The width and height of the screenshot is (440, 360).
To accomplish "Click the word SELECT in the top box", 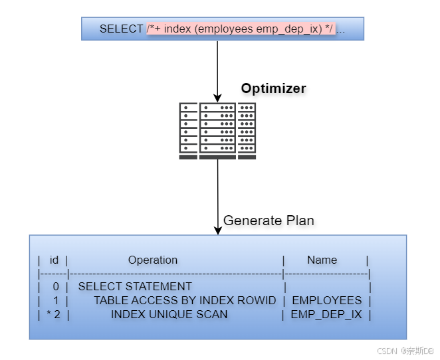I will tap(121, 29).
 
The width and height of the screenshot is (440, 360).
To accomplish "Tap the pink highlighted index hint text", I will tap(240, 29).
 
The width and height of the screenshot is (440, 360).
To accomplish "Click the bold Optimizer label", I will tap(273, 88).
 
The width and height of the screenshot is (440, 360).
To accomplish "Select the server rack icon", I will tap(217, 131).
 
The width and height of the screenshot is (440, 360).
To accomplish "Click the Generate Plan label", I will tap(269, 221).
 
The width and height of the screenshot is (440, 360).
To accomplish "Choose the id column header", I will tap(54, 260).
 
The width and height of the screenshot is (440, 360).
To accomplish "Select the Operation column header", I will tap(153, 260).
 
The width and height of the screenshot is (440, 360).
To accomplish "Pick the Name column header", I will tap(322, 260).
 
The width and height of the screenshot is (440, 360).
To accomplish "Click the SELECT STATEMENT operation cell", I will tap(135, 286).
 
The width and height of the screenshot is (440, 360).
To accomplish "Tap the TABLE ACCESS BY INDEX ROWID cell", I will tap(184, 300).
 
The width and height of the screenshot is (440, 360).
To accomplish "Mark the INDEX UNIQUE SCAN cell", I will tap(169, 314).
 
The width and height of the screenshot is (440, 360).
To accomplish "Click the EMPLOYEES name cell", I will tap(326, 300).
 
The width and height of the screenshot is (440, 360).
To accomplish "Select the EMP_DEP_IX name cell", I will tap(326, 314).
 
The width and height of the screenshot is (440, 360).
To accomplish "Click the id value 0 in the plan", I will tap(56, 286).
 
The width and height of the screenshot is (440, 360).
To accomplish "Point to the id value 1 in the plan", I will tap(56, 300).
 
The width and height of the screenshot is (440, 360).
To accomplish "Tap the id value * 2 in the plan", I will tap(53, 314).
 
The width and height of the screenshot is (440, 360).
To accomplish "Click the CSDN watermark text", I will tap(405, 350).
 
